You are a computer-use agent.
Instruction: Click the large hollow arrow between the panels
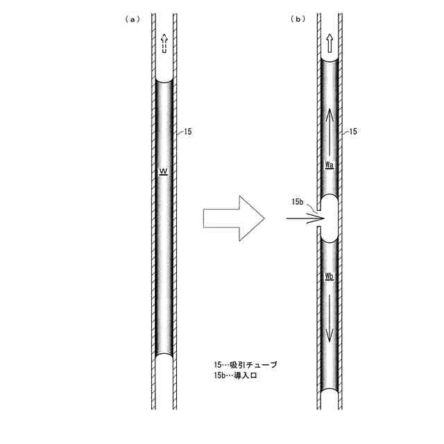[x=234, y=219]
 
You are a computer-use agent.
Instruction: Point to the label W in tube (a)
[x=163, y=171]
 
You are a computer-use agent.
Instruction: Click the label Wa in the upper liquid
[x=330, y=166]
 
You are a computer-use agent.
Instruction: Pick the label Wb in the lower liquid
[x=330, y=276]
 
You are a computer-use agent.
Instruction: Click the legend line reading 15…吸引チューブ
[x=245, y=364]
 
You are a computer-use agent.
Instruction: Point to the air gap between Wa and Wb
[x=330, y=219]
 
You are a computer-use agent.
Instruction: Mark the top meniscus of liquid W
[x=164, y=81]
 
